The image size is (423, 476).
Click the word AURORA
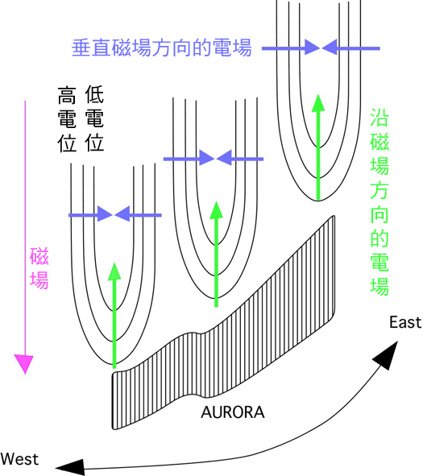tap(233, 412)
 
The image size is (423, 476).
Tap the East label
tap(405, 322)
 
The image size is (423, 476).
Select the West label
tap(19, 459)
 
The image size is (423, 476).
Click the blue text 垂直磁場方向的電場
tap(162, 48)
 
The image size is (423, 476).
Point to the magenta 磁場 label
tap(39, 268)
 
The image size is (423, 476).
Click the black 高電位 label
tap(67, 119)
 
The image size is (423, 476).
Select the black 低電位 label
tap(94, 118)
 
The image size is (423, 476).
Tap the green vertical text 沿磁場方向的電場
tap(379, 202)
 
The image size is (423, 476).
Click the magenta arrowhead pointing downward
tap(24, 364)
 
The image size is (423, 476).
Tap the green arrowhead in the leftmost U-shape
tap(114, 271)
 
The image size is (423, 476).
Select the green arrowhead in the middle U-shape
tap(216, 210)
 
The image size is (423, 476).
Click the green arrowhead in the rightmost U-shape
tap(318, 103)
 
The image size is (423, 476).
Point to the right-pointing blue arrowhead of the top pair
tap(312, 48)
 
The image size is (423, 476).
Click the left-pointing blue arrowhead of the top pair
tap(330, 48)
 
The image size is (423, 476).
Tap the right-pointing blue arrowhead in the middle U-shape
tap(207, 158)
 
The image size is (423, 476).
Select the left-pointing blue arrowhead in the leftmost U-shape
tap(122, 215)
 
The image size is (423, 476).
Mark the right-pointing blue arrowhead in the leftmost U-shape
tap(105, 215)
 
